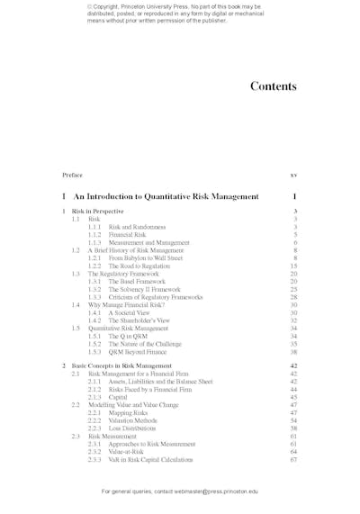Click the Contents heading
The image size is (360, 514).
[x=273, y=87]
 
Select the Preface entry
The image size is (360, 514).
[x=72, y=174]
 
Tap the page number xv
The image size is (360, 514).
[x=293, y=174]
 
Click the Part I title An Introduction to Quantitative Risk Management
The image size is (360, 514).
[x=166, y=195]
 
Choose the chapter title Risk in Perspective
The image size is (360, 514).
[x=98, y=212]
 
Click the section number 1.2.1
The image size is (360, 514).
[x=94, y=258]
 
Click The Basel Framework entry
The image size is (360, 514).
[x=140, y=282]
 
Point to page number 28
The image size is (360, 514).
[x=293, y=297]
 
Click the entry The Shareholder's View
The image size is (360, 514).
[x=139, y=320]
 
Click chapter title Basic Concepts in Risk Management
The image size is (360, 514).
[x=121, y=366]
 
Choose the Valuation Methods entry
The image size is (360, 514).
[x=137, y=420]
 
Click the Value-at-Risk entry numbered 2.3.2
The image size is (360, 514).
[x=131, y=452]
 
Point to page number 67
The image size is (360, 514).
[x=293, y=460]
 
